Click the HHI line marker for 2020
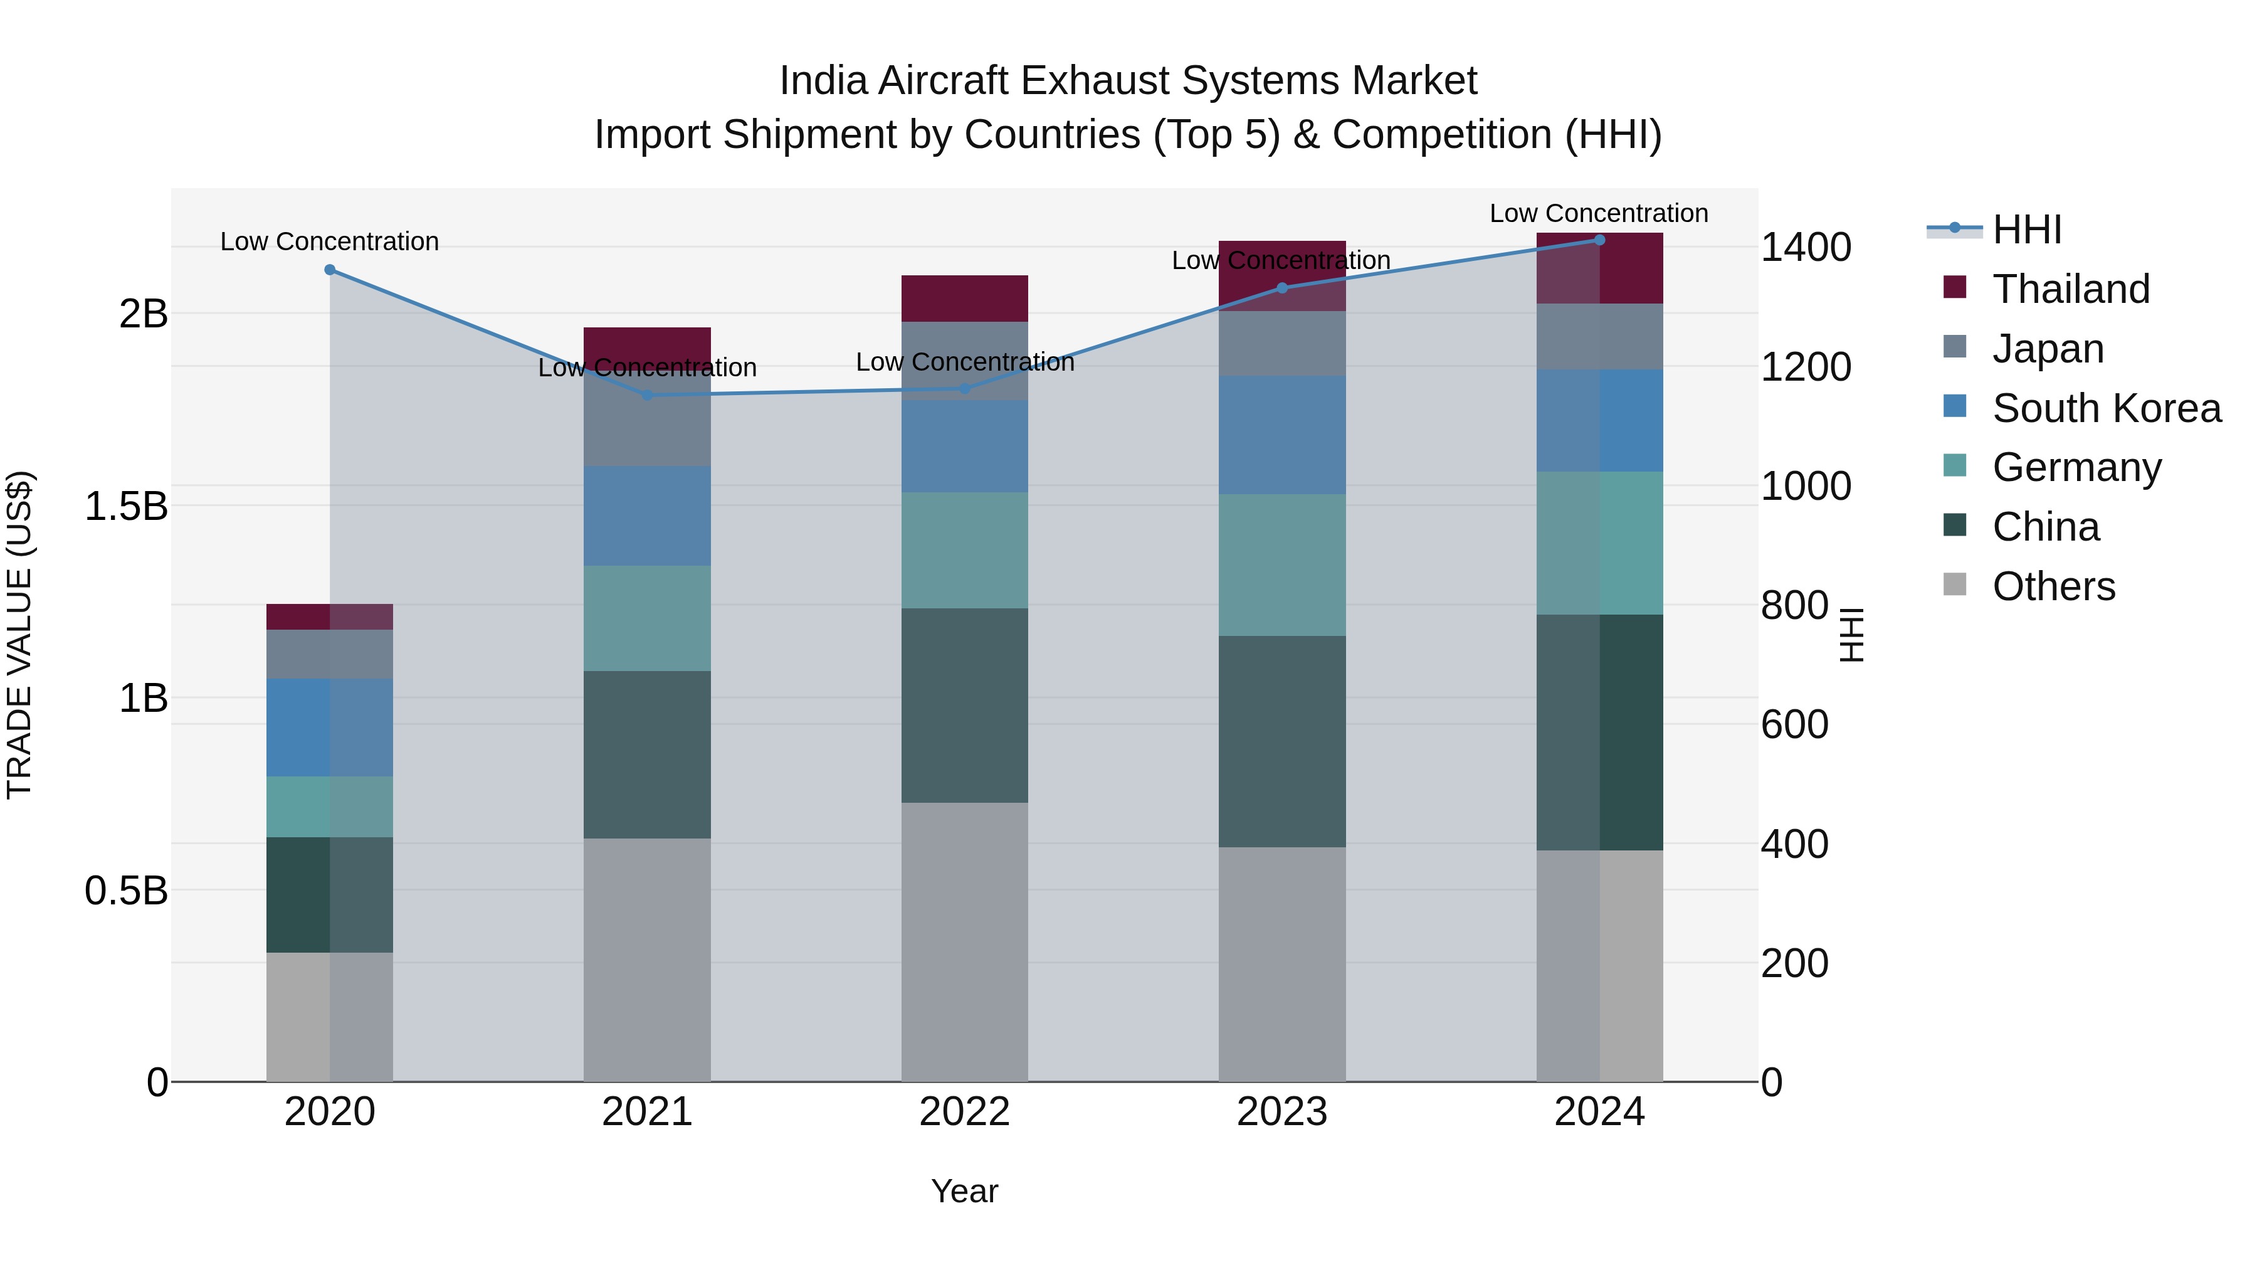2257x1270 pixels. pos(329,270)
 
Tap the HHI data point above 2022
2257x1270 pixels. pos(965,388)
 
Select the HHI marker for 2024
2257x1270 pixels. pos(1599,240)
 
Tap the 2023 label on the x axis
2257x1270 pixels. pos(1282,1112)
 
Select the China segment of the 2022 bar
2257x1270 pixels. pos(965,706)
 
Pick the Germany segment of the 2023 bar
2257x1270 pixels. pos(1282,565)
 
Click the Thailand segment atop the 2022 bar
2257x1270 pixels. pos(965,298)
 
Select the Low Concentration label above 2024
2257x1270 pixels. pos(1599,213)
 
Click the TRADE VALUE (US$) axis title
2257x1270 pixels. pos(19,635)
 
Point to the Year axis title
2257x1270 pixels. pos(965,1191)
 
